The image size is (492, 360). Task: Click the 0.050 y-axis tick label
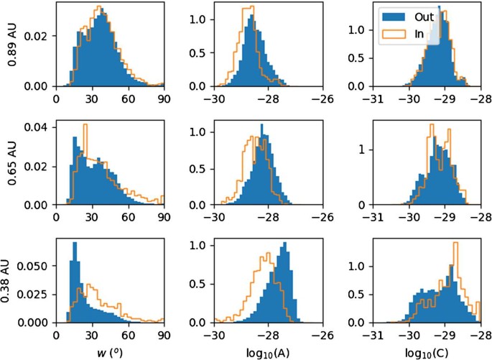pos(39,264)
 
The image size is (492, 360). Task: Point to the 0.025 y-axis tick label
pos(39,294)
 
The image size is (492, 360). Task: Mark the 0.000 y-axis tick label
pos(39,323)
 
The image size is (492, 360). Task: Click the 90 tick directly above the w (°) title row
pos(164,334)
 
